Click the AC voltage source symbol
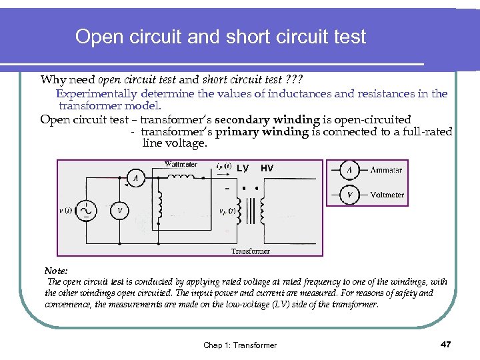point(87,210)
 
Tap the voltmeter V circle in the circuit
point(119,211)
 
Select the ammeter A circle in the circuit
point(136,179)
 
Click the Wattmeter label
point(180,164)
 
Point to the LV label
point(242,169)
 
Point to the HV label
point(267,169)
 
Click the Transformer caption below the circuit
point(251,251)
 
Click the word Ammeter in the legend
point(386,170)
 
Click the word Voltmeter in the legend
point(387,195)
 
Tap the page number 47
point(446,344)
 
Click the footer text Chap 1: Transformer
point(240,345)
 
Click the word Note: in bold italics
point(56,271)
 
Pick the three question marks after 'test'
point(313,79)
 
